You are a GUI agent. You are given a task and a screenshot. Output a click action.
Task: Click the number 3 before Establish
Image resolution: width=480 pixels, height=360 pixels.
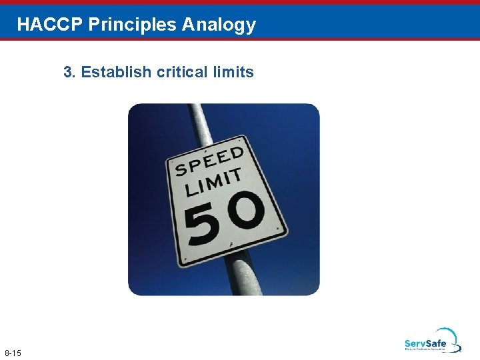tap(68, 72)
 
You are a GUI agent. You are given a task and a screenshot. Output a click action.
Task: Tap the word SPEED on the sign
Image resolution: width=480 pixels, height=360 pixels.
tap(208, 161)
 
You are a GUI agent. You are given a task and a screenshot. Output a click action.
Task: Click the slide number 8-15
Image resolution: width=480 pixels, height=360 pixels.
tap(13, 352)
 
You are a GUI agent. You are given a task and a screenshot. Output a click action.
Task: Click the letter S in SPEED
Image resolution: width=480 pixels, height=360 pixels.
tap(179, 170)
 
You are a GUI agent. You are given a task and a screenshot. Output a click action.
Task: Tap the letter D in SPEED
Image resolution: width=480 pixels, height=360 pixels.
tap(237, 153)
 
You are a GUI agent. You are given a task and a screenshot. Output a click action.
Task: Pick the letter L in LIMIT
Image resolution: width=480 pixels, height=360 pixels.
tap(189, 189)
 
